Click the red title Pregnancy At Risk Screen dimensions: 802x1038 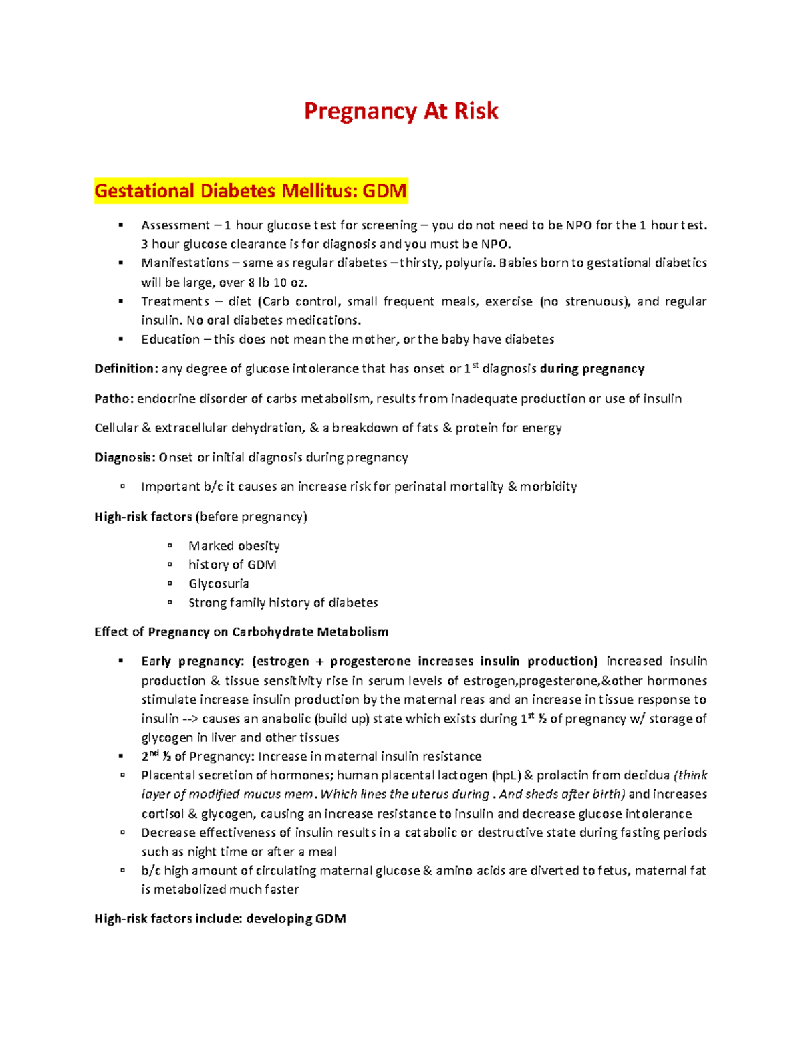click(x=401, y=111)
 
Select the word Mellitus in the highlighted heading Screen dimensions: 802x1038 click(x=319, y=191)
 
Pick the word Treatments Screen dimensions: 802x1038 click(x=175, y=301)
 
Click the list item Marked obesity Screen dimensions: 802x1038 click(x=234, y=546)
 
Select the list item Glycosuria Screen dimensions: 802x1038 click(x=219, y=583)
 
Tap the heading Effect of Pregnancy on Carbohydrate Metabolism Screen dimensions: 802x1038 click(x=241, y=632)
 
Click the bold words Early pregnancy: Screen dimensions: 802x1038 click(x=192, y=662)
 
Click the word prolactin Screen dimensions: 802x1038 click(x=563, y=776)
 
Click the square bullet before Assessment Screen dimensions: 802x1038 click(x=121, y=225)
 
